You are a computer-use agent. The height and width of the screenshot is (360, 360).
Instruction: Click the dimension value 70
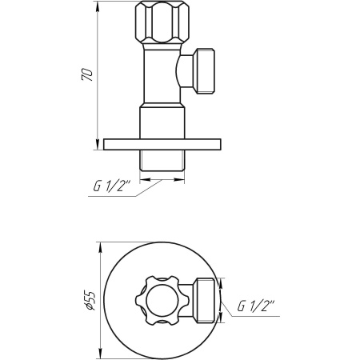(89, 75)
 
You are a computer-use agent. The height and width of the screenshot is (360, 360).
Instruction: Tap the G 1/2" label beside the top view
(256, 306)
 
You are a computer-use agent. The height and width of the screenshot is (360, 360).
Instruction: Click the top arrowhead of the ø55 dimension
(98, 241)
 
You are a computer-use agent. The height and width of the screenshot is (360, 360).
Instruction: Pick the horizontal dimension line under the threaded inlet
(160, 179)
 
